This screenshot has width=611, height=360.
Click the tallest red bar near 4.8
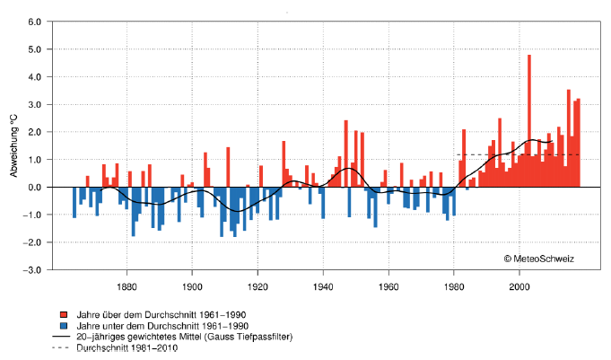(x=529, y=121)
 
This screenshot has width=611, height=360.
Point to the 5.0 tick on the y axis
(x=35, y=48)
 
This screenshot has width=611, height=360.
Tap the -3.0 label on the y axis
(x=34, y=269)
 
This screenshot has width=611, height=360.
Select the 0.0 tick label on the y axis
(x=35, y=187)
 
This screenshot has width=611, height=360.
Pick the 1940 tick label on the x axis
(x=323, y=287)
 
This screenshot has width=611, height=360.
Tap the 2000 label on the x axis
(x=519, y=287)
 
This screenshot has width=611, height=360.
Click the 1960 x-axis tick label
(x=388, y=287)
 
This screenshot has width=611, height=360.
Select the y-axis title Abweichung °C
(x=13, y=145)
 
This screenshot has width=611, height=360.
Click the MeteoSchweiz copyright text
(x=539, y=259)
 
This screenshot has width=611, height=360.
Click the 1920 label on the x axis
(x=257, y=287)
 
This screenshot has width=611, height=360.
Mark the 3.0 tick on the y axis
(x=35, y=104)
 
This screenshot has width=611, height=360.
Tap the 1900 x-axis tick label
(x=192, y=287)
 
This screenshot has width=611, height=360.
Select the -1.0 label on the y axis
(x=34, y=215)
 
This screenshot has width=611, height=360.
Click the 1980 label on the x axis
(x=454, y=287)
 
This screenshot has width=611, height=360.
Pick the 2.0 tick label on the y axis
(x=35, y=132)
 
